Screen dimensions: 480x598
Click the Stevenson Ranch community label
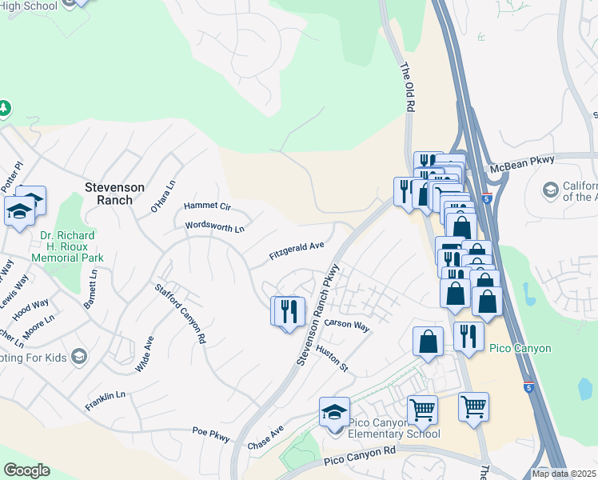tap(115, 194)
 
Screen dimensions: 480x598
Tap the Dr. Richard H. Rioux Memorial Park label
tap(67, 247)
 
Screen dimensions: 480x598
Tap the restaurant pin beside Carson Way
tap(289, 310)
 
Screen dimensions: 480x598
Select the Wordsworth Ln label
tap(214, 227)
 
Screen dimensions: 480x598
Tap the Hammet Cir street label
tap(207, 206)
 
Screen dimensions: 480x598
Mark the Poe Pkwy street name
tap(211, 434)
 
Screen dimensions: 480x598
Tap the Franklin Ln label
tap(106, 401)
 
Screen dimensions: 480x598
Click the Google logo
tap(26, 470)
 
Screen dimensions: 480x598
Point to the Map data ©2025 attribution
tap(564, 474)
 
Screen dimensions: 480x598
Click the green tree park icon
tap(3, 108)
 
